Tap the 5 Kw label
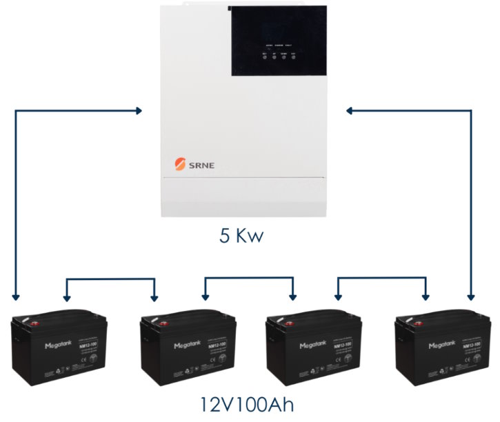point(241,237)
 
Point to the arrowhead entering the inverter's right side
point(350,110)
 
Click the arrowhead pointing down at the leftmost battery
point(16,297)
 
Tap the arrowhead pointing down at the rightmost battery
point(471,297)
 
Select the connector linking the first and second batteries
point(110,280)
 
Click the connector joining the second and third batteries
point(249,280)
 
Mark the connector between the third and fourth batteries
point(381,280)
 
